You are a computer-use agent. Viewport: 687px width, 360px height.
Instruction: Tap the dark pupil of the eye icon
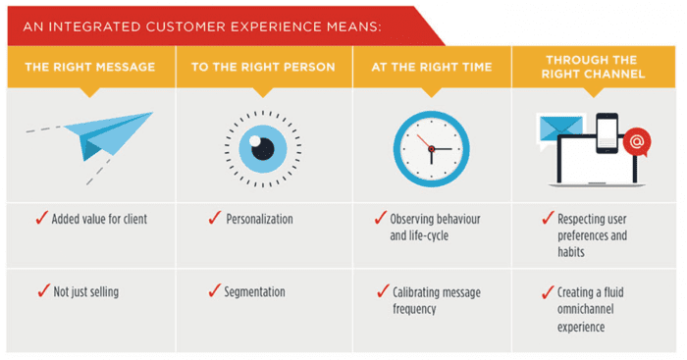pos(262,147)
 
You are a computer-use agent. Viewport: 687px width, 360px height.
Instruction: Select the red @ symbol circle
pos(635,142)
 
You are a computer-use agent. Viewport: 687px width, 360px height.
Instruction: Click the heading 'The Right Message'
pos(90,69)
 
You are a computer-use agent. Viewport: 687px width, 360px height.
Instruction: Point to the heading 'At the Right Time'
pos(431,69)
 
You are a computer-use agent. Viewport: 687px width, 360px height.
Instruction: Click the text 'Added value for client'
pos(99,219)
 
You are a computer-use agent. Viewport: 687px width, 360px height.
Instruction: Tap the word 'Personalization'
pos(259,219)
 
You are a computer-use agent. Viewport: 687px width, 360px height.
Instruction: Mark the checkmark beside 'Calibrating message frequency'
pos(383,291)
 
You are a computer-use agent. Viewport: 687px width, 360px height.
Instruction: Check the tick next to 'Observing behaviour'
pos(383,218)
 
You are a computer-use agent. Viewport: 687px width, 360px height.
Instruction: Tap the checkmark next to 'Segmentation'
pos(214,291)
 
